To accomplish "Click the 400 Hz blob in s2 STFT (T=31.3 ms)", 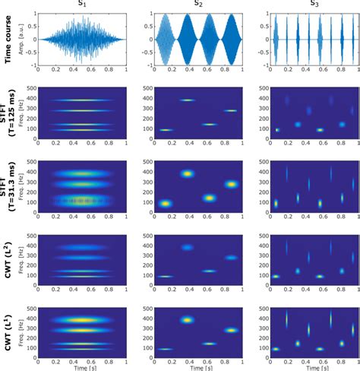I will [x=188, y=174].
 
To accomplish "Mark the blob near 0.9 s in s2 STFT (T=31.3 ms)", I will [x=232, y=183].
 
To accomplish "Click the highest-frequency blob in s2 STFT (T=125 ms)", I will [x=188, y=100].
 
